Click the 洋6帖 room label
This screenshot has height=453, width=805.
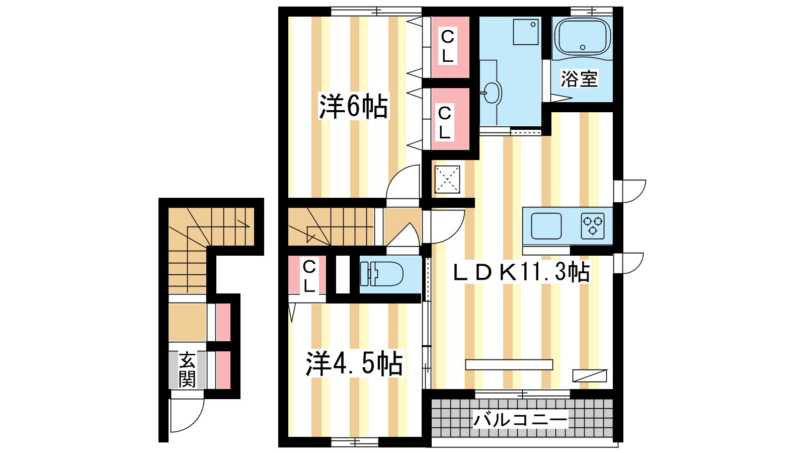coord(354,106)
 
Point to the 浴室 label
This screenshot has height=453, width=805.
coord(579,79)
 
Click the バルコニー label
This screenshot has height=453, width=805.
coord(520,420)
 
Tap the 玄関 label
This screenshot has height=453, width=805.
coord(187,369)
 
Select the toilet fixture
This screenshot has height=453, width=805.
coord(382,274)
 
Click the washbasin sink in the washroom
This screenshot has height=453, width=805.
coord(492,93)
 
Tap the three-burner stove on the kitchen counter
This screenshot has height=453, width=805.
coord(593,226)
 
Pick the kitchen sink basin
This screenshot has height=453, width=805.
coord(546,226)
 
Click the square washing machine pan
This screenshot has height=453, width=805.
coord(526,32)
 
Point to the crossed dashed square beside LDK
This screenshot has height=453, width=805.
coord(447,179)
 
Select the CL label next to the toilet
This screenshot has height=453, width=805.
coord(309,277)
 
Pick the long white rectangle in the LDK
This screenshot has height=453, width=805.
coord(509,364)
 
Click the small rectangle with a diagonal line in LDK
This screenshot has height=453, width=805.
coord(590,375)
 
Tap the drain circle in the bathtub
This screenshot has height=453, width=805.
coord(583,47)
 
